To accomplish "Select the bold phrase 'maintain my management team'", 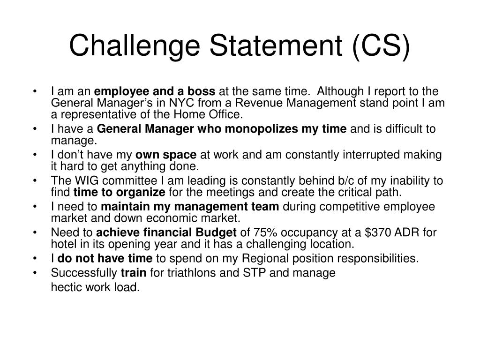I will pos(190,207).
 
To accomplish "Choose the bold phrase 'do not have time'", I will pos(105,258).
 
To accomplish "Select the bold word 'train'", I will pos(133,273).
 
